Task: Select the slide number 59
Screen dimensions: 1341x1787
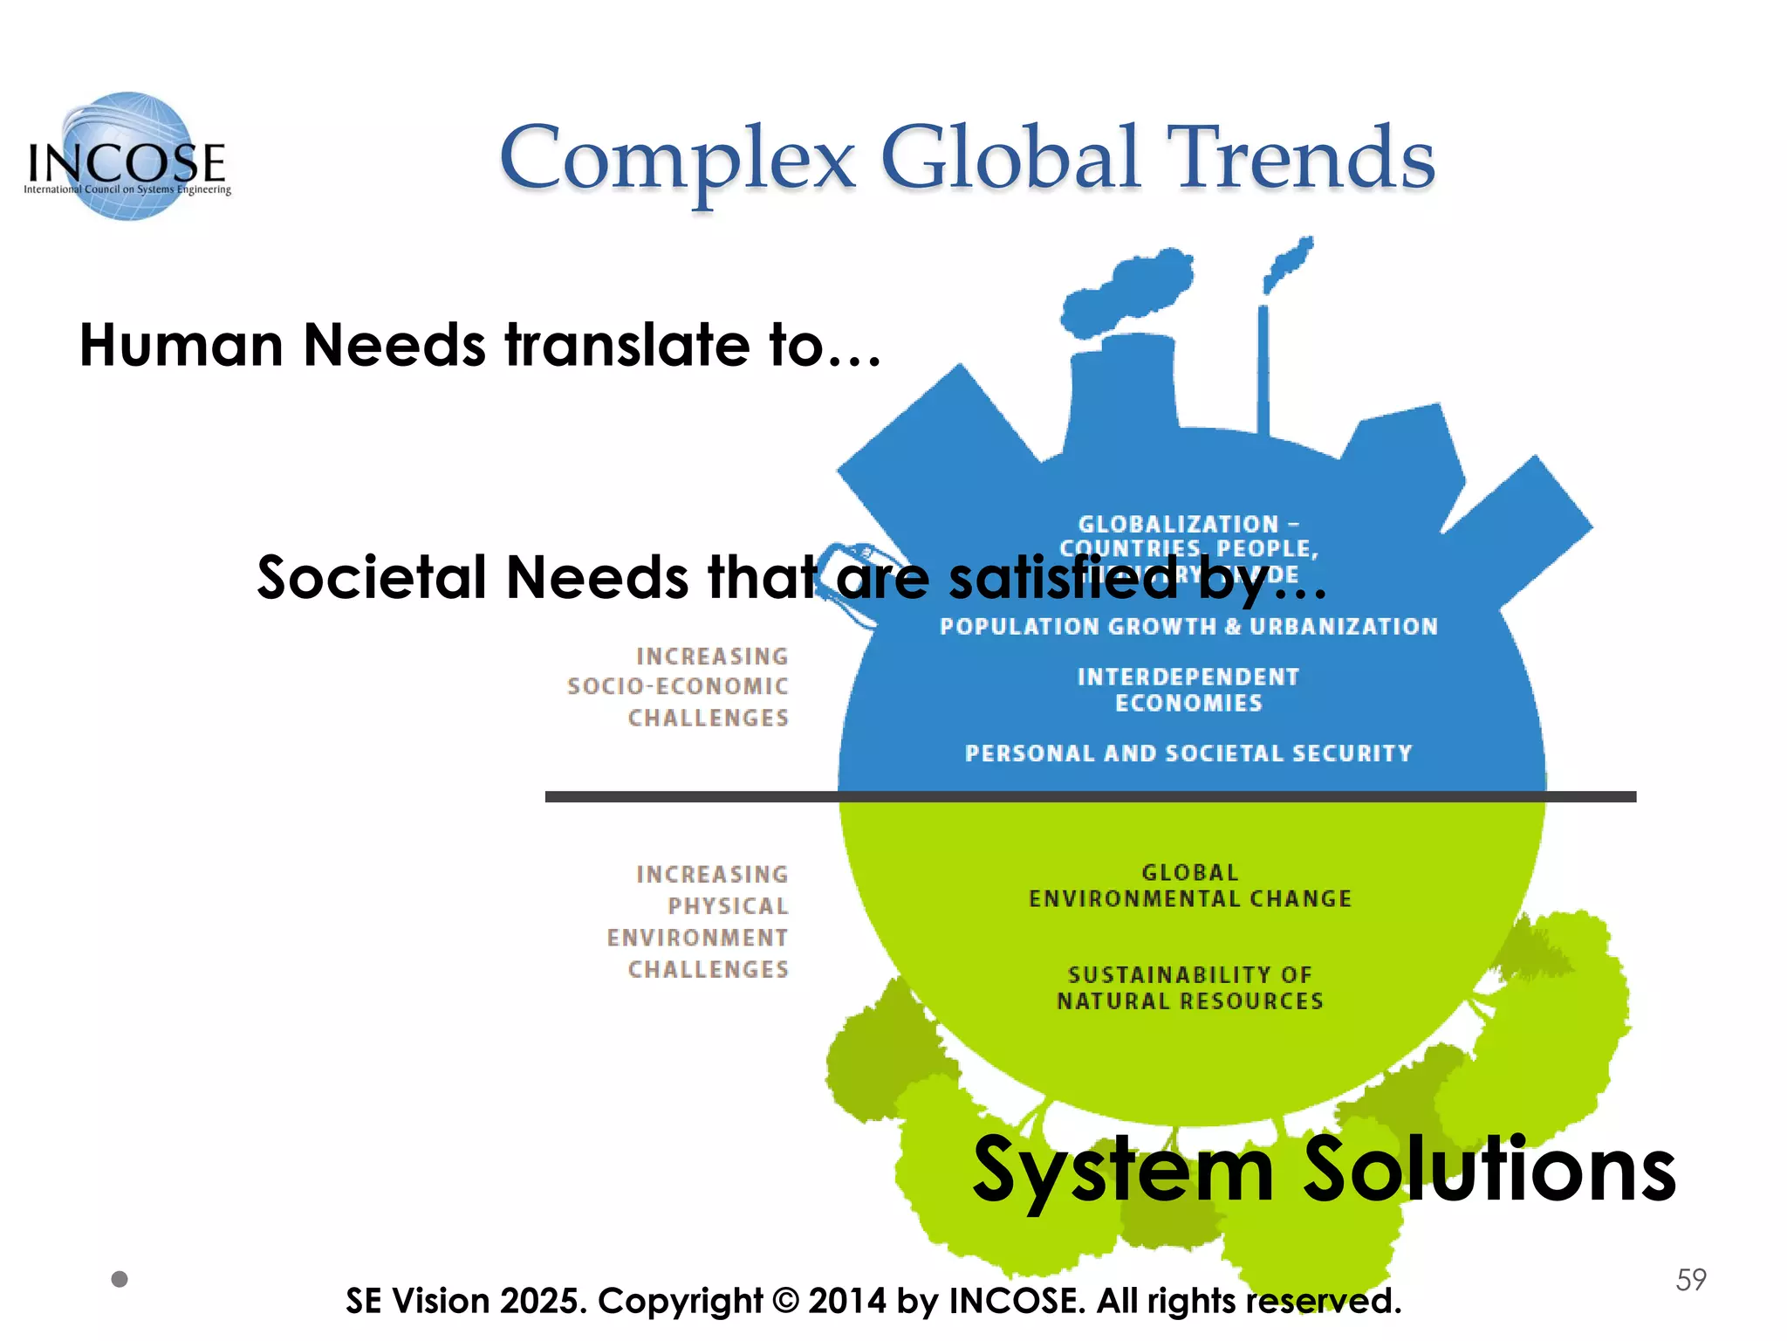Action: [1690, 1280]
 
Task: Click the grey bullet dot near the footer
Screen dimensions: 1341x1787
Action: [120, 1279]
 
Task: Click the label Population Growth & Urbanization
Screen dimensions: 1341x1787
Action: [1188, 627]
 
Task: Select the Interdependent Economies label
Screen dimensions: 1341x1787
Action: [1188, 690]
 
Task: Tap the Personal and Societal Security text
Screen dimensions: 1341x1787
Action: [1188, 753]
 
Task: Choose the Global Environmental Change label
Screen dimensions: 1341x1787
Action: [1190, 885]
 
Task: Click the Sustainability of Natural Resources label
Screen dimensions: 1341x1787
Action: [1190, 987]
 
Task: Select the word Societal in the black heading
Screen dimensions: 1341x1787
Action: [371, 578]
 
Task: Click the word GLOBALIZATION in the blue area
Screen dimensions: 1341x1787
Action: [1178, 525]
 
